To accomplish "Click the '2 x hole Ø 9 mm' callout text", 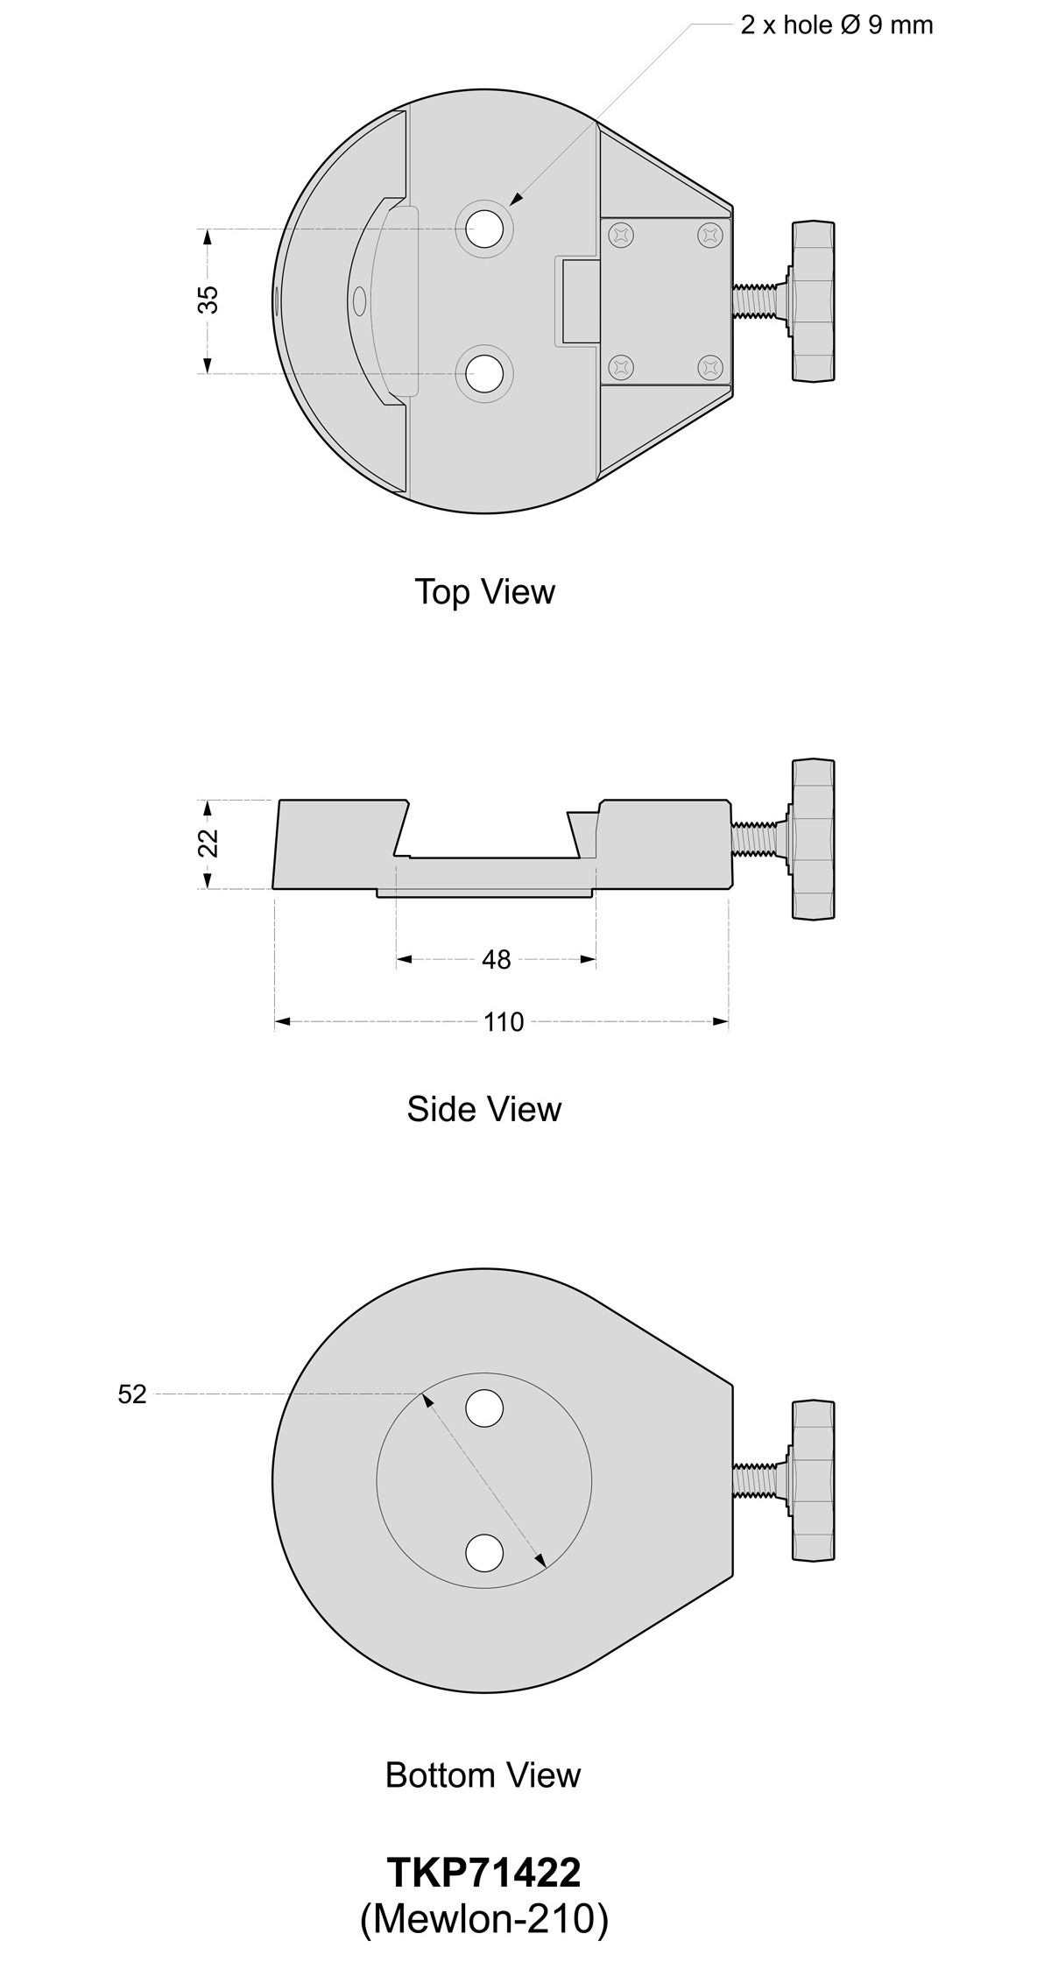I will (836, 25).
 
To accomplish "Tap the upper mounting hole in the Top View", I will (485, 229).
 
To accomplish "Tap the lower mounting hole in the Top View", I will (485, 374).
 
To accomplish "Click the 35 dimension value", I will (208, 300).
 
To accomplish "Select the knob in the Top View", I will (813, 301).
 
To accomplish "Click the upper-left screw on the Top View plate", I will (622, 235).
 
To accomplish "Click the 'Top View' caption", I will (484, 592).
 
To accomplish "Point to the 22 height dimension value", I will (208, 843).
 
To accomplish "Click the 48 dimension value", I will (496, 960).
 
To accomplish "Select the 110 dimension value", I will (504, 1022).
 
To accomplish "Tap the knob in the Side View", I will (813, 839).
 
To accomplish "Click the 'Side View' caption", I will (483, 1110).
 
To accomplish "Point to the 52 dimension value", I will (132, 1394).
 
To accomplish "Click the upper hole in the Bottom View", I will (484, 1408).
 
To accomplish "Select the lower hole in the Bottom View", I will (484, 1553).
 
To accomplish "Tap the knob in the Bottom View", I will (813, 1480).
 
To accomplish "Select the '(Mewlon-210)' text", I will (483, 1920).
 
